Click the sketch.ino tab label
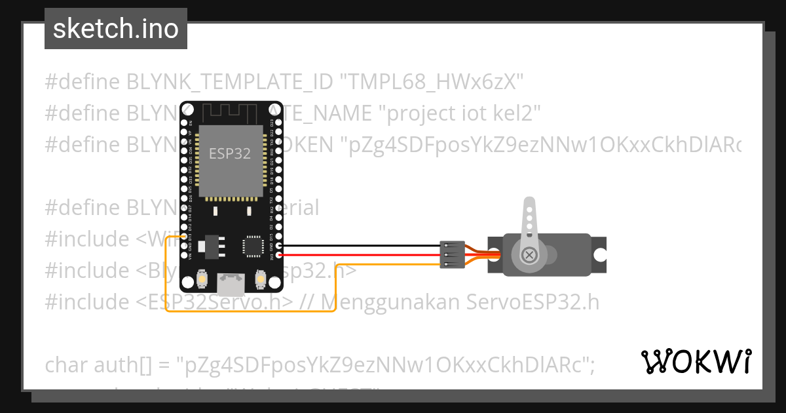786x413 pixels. [x=115, y=29]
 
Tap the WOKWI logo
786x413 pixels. [x=696, y=361]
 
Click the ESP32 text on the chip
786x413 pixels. [x=229, y=154]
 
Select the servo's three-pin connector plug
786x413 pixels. [x=449, y=254]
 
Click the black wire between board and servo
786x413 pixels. [x=360, y=246]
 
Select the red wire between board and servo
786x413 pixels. [x=360, y=254]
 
